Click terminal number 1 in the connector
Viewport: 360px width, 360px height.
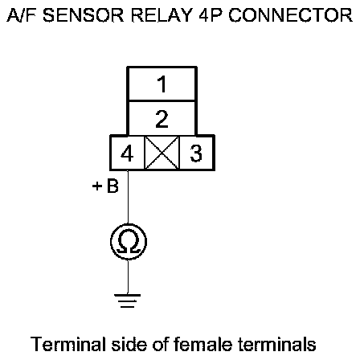point(162,84)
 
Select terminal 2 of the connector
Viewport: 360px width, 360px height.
point(162,118)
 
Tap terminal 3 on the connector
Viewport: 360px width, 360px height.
point(196,153)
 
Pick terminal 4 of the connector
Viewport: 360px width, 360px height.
point(127,153)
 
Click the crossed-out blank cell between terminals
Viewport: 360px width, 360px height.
point(162,153)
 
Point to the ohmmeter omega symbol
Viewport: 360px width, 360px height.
point(129,242)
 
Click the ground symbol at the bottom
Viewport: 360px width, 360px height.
point(127,301)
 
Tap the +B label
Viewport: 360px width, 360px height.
point(105,186)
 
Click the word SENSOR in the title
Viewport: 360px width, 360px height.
point(84,15)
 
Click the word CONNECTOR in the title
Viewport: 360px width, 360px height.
point(290,15)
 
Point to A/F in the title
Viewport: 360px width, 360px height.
point(22,15)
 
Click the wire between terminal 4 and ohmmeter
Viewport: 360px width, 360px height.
point(128,197)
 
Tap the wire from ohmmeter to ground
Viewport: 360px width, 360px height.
point(128,277)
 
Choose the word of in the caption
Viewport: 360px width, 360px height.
point(160,344)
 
